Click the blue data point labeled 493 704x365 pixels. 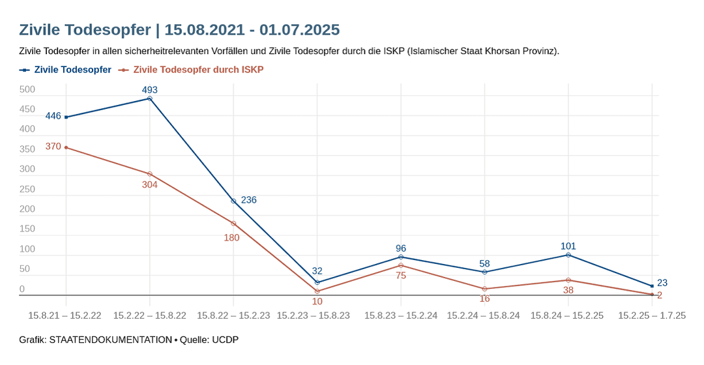150,98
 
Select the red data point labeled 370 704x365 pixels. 66,147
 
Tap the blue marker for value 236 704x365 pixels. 233,201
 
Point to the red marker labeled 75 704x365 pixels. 401,265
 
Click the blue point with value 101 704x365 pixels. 568,255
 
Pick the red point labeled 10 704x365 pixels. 317,291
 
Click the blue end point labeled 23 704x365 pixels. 652,286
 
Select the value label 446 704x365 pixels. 53,116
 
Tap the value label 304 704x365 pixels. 150,184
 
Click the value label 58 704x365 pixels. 484,263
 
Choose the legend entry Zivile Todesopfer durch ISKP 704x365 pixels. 198,69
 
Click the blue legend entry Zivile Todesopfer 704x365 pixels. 72,69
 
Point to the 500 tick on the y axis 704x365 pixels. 27,90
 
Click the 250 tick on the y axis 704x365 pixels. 27,190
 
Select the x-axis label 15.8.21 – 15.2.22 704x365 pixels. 65,315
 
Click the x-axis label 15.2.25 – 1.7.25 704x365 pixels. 652,315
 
